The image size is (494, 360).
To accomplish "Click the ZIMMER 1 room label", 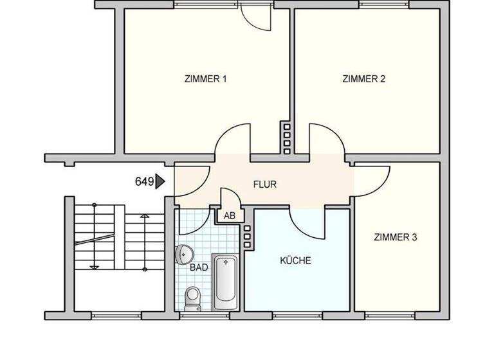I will click(x=206, y=80).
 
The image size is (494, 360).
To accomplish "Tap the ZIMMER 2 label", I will click(x=363, y=80).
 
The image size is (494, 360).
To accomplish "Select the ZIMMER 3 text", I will click(x=396, y=237).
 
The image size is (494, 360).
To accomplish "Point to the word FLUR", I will click(x=265, y=184).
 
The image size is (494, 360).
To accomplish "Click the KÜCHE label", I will click(x=295, y=261).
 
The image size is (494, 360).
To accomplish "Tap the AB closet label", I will click(x=230, y=216).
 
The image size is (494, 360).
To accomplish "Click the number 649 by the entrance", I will click(x=143, y=182).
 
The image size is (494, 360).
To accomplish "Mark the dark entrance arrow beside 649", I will click(x=160, y=182).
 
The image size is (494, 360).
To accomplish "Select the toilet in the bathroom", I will click(x=192, y=297).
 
